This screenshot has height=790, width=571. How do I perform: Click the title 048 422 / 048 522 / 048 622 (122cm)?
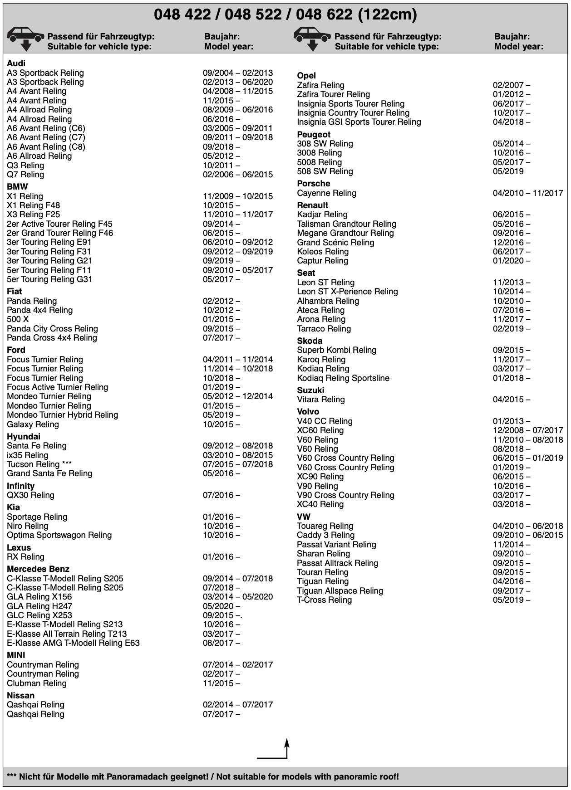point(285,15)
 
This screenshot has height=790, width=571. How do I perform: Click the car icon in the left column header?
point(26,38)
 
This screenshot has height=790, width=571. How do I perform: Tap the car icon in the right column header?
point(312,38)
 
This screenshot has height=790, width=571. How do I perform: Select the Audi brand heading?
point(16,63)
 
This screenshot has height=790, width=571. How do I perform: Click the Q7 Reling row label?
point(25,175)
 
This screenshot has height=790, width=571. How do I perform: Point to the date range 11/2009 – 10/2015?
point(237,196)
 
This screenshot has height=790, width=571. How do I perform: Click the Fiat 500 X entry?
point(18,319)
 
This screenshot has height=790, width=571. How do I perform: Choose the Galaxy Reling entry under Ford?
point(33,424)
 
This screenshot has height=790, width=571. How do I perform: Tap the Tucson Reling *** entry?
point(39,464)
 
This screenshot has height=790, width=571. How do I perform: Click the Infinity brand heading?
point(20,486)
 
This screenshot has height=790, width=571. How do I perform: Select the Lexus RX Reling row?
point(25,557)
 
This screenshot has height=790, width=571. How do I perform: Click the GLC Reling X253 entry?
point(39,615)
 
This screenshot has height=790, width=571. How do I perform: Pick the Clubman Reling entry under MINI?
point(36,683)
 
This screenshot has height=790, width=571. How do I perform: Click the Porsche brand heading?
point(313,184)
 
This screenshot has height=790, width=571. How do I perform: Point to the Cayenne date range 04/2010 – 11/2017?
point(527,193)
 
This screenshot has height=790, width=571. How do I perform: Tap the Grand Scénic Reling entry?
point(335,243)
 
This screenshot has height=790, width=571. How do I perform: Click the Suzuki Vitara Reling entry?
point(320,400)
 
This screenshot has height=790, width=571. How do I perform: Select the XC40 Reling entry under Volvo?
point(320,504)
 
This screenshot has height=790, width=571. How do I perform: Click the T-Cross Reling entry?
point(324,600)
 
